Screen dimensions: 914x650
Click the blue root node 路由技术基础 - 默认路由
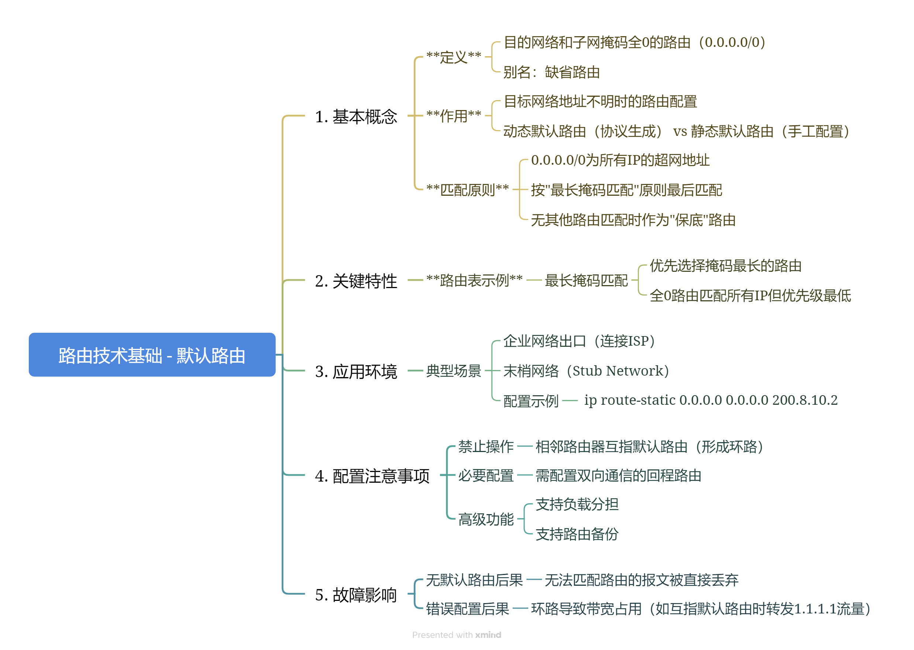coord(152,355)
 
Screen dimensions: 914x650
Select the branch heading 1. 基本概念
coord(355,116)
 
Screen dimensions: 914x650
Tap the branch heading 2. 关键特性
coord(355,281)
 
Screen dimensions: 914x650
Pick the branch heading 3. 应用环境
coord(355,371)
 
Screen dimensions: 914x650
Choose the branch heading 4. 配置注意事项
coord(372,475)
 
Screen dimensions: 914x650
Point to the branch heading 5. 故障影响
coord(355,594)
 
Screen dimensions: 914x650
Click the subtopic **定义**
coord(453,57)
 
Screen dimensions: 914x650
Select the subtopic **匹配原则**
coord(467,189)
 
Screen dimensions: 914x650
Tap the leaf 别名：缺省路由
coord(551,72)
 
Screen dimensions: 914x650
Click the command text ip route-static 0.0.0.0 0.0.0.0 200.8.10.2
coord(710,400)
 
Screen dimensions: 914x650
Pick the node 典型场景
coord(453,371)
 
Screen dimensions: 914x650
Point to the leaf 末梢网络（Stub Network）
coord(585,371)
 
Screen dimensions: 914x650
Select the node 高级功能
coord(485,519)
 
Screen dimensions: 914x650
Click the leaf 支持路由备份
coord(577,534)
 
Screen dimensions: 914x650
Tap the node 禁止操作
coord(485,446)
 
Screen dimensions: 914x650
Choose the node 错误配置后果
coord(467,609)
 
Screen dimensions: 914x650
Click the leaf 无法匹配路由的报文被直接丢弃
coord(641,579)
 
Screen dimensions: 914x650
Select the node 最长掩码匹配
coord(586,280)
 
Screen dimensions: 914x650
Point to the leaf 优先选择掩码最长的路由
coord(725,266)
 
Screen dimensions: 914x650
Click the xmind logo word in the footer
coord(488,635)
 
